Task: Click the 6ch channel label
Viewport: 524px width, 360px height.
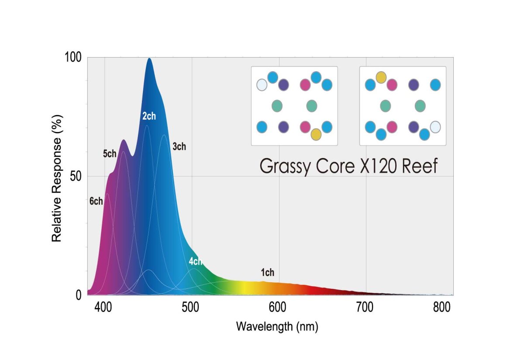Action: [96, 201]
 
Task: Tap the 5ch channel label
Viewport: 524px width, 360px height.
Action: [110, 154]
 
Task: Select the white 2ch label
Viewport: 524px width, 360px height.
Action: [149, 116]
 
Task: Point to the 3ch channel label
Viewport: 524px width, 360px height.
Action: [179, 147]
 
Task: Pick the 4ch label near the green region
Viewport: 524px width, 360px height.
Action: [196, 261]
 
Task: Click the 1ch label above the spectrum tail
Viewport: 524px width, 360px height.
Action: [268, 273]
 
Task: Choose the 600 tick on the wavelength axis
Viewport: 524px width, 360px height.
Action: [279, 308]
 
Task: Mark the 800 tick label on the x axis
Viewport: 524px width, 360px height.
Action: [442, 308]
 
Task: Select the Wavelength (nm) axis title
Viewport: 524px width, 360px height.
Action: [277, 326]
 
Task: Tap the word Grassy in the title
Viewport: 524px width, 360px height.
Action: [287, 166]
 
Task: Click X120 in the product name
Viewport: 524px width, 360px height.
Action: [383, 166]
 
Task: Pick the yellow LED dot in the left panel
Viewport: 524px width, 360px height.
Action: [316, 135]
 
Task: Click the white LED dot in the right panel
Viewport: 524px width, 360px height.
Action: [435, 127]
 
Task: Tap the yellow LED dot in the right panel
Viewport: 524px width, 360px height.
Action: [381, 77]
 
